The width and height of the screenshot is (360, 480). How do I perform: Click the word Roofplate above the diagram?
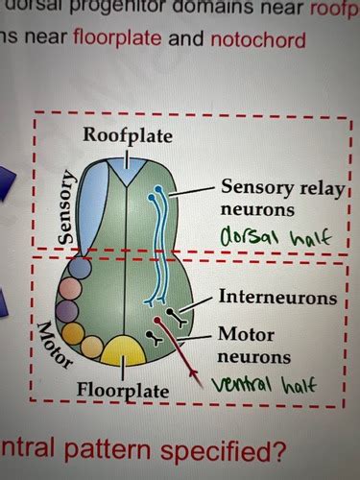128,135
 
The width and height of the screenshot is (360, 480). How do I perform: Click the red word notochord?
262,40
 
